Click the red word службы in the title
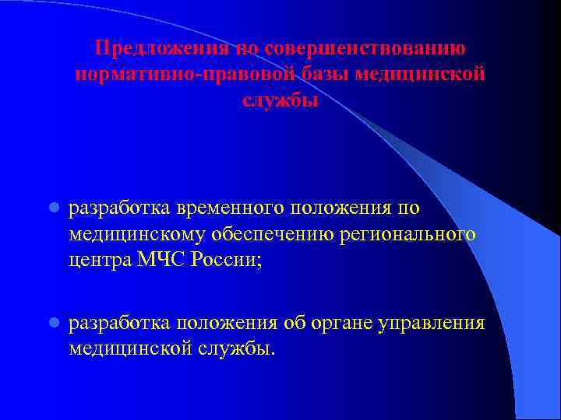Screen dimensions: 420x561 [x=280, y=101]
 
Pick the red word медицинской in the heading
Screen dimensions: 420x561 [x=421, y=75]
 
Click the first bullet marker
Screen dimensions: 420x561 [x=53, y=209]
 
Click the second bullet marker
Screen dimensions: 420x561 [x=53, y=323]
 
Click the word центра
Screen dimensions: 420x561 [x=100, y=260]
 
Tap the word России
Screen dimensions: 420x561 [x=233, y=260]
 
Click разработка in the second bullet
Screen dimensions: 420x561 [x=119, y=323]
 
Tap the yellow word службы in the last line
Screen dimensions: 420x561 [x=240, y=348]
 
